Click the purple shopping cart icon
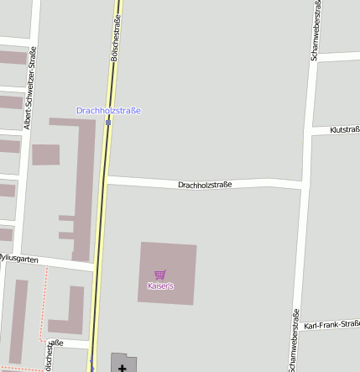pos(159,275)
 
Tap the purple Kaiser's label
pos(159,286)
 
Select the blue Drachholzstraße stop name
pos(108,110)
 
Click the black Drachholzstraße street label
pos(205,184)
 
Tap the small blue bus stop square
pos(108,122)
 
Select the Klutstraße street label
pos(345,129)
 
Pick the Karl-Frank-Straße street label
pos(332,324)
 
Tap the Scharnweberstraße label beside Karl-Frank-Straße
pos(295,340)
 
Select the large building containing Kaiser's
pos(168,273)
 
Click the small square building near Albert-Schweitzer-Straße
pos(45,155)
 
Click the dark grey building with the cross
pos(122,363)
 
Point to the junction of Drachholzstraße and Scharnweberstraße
pos(301,183)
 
